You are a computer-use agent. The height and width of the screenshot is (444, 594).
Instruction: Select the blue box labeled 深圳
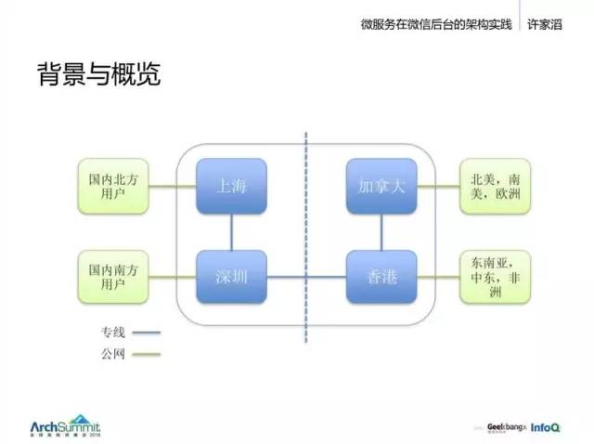(230, 277)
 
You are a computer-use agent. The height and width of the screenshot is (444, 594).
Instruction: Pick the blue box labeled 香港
(381, 277)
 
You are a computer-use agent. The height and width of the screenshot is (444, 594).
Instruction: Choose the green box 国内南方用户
(110, 277)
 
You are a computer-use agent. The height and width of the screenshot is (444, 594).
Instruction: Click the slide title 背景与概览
(98, 74)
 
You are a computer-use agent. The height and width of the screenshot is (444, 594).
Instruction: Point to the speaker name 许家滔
(554, 25)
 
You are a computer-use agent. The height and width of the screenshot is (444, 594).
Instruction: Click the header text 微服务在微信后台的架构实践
(435, 25)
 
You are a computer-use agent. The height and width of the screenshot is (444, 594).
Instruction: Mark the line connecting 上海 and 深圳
(230, 232)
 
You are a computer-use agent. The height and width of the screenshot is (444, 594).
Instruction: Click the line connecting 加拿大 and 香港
(381, 232)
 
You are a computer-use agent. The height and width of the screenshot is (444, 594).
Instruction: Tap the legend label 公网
(113, 353)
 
